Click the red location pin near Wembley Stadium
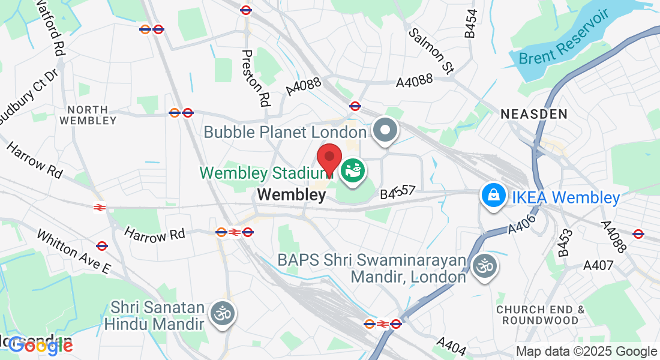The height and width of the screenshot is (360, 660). coord(329,160)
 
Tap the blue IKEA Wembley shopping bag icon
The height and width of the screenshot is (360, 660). coord(492,196)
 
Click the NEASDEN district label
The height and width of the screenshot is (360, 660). coord(534,113)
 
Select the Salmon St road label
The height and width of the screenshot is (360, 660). coord(431,51)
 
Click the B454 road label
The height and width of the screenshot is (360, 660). coord(472,23)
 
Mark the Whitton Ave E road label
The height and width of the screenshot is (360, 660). coord(74,251)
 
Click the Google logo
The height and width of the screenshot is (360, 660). coord(40,345)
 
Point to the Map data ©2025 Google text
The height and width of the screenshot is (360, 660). coord(587,352)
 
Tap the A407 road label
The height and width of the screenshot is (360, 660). coord(598,265)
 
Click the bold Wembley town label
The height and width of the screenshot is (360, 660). coord(291,194)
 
